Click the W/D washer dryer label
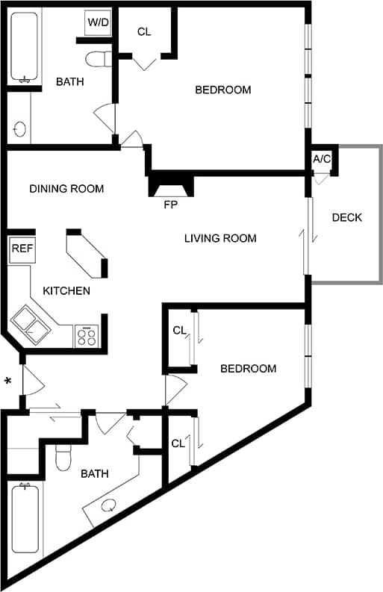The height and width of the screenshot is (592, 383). pyautogui.click(x=98, y=22)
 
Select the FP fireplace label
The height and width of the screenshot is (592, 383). pyautogui.click(x=171, y=203)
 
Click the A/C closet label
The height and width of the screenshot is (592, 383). pyautogui.click(x=322, y=159)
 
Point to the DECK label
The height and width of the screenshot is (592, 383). pyautogui.click(x=346, y=218)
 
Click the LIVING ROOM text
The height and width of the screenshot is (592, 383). pyautogui.click(x=220, y=239)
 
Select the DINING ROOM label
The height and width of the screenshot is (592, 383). pyautogui.click(x=66, y=189)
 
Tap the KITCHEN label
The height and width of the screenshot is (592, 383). pyautogui.click(x=66, y=291)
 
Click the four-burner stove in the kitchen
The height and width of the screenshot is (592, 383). pyautogui.click(x=87, y=336)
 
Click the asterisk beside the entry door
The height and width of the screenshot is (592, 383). pyautogui.click(x=8, y=382)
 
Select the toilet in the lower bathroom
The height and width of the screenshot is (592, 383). pyautogui.click(x=63, y=455)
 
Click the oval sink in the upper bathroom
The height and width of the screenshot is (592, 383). pyautogui.click(x=20, y=129)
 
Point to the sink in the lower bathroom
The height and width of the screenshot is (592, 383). pyautogui.click(x=108, y=505)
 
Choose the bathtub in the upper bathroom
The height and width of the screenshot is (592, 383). pyautogui.click(x=25, y=46)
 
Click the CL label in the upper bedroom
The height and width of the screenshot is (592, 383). pyautogui.click(x=145, y=32)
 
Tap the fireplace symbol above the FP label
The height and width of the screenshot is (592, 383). pyautogui.click(x=171, y=184)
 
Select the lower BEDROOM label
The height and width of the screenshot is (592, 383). pyautogui.click(x=248, y=369)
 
